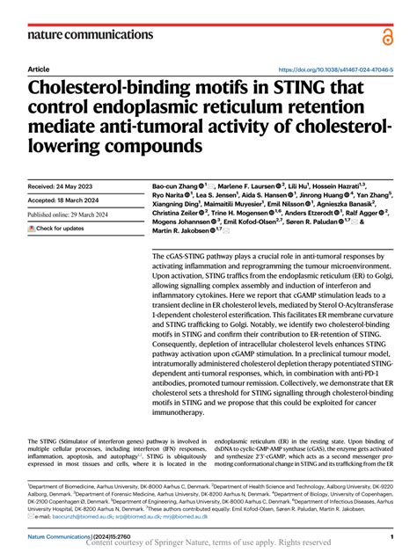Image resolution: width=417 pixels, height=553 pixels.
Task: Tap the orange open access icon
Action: pos(387,35)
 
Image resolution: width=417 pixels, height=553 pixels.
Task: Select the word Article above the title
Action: pos(40,69)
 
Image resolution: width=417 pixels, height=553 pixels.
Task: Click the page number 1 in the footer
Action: pos(391,535)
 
